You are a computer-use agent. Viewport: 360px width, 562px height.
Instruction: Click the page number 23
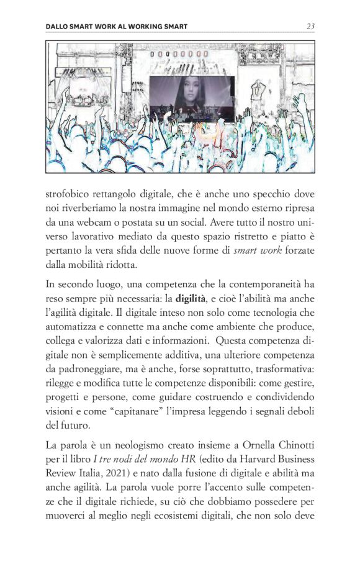coord(311,27)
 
